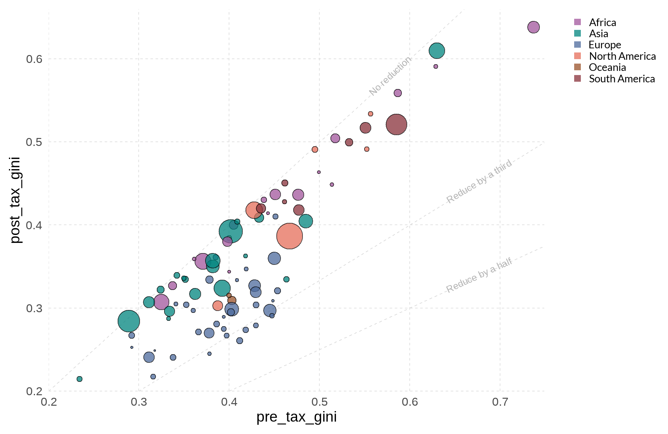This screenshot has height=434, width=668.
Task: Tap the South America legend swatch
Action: (577, 79)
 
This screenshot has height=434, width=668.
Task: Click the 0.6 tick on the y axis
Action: (34, 59)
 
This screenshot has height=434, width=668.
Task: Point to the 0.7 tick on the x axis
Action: (500, 402)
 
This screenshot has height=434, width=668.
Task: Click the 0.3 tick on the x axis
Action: (139, 402)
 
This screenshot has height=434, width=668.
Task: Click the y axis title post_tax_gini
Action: (15, 200)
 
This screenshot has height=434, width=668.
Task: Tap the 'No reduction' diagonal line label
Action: (390, 76)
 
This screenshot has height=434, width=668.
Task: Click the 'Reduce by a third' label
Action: (479, 181)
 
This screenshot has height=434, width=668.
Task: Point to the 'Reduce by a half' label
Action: (479, 275)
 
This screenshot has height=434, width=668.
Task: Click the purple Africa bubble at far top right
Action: (533, 27)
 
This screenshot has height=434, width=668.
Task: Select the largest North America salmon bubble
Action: (289, 236)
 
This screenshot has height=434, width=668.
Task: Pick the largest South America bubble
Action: (396, 124)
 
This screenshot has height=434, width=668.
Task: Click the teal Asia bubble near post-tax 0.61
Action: (436, 51)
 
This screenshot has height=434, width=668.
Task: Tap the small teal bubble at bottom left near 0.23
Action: (80, 379)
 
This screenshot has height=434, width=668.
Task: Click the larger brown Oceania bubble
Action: (232, 300)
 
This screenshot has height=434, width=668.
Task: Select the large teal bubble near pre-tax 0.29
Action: (129, 321)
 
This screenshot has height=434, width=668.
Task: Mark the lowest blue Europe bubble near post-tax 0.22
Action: (153, 377)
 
